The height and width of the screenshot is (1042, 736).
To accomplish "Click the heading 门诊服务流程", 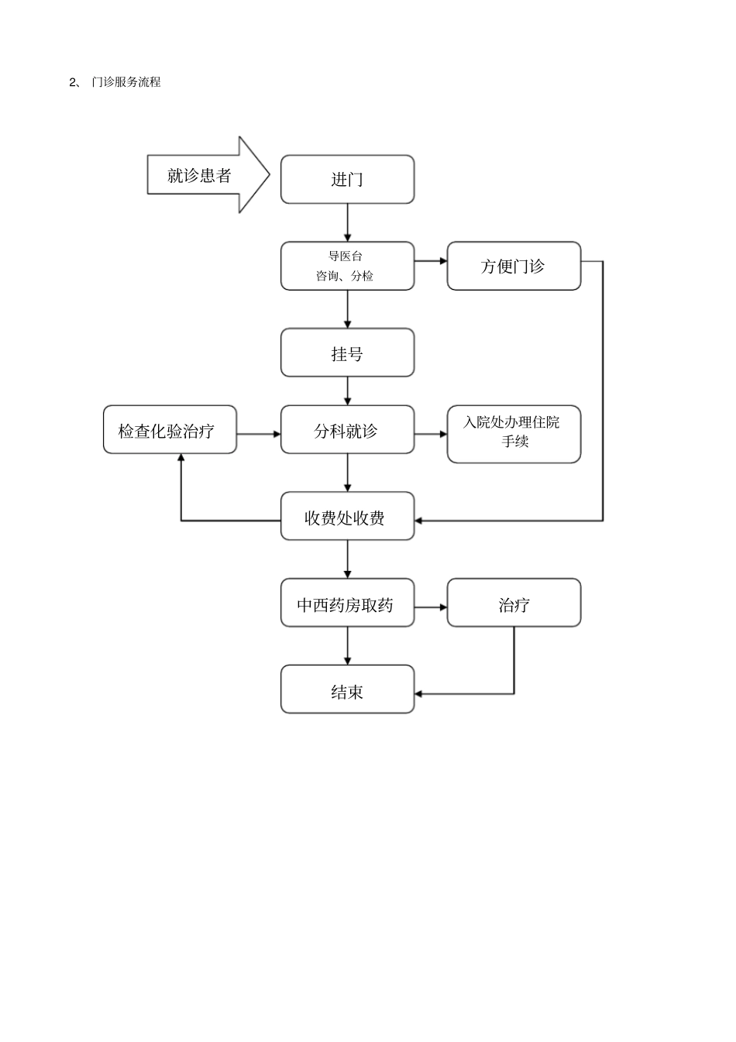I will coord(126,82).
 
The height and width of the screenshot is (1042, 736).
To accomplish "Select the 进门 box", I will coord(347,180).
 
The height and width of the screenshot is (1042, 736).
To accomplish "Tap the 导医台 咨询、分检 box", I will coord(347,266).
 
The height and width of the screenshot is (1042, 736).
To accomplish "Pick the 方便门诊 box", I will coord(514,266).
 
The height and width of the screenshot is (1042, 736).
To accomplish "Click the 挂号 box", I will coord(347,353).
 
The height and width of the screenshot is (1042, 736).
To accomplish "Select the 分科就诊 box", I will coord(347,430).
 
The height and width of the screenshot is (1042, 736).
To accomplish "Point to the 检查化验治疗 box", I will coord(170,430).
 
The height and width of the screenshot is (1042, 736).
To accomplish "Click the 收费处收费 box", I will coord(347,517).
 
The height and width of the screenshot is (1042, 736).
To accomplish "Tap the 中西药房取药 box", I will coord(347,604).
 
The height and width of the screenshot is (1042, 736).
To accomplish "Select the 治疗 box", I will coord(514,604).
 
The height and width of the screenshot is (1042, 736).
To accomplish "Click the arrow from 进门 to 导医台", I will coord(347,223).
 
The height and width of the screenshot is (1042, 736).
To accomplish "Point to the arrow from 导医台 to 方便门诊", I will coord(431,261).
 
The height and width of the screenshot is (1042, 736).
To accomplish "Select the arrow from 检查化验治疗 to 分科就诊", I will coord(259,434).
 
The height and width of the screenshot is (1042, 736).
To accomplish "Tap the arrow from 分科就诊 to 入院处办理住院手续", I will coord(431,434).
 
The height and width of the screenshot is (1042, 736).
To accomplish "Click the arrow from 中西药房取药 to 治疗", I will coord(431,607).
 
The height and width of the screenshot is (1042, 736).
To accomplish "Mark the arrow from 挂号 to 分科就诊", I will coord(347,391).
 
